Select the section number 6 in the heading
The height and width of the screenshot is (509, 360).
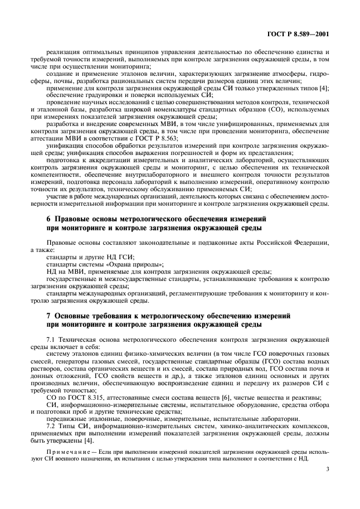coord(48,220)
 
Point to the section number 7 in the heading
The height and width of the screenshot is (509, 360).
coord(48,316)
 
